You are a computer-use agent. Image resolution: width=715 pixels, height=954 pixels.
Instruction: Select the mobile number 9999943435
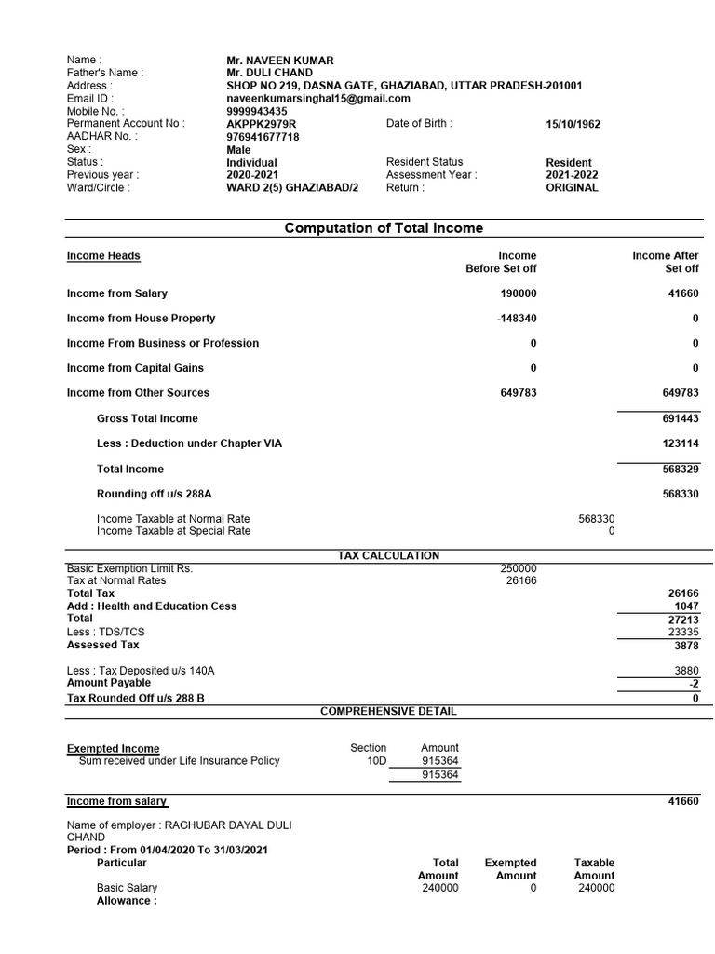(257, 111)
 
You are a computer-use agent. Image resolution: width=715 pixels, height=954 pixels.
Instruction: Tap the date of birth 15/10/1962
(575, 124)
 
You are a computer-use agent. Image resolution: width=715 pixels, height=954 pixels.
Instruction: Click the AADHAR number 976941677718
(263, 137)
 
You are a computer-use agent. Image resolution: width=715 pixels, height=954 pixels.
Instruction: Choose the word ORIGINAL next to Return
(572, 187)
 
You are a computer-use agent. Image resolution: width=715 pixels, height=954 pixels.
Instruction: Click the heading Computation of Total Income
(384, 228)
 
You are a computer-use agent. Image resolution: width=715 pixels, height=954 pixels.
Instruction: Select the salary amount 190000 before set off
(518, 293)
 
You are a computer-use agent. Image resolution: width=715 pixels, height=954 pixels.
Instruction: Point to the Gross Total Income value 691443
(681, 419)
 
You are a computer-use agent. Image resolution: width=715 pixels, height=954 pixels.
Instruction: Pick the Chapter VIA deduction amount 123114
(681, 444)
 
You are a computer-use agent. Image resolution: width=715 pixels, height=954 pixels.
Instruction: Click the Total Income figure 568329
(681, 470)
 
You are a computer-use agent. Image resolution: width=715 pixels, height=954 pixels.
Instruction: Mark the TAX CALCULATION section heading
(388, 556)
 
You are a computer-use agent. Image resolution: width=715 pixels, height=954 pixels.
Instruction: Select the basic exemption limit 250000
(519, 568)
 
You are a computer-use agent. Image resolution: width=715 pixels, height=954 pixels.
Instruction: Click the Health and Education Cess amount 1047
(686, 606)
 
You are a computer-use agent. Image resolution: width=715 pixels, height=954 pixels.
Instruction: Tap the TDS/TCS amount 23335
(683, 632)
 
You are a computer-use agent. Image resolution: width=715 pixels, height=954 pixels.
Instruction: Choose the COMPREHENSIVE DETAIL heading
(388, 711)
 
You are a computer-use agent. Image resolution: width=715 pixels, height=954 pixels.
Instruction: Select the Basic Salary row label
(127, 888)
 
